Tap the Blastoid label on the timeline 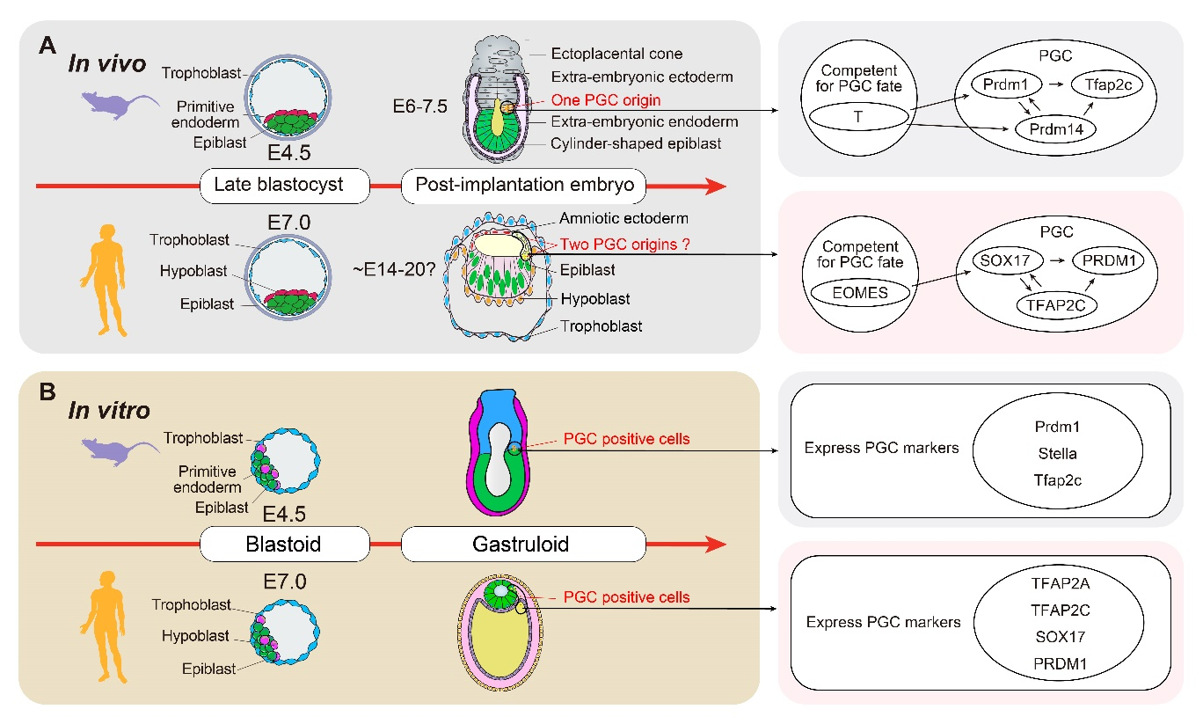pos(284,545)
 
